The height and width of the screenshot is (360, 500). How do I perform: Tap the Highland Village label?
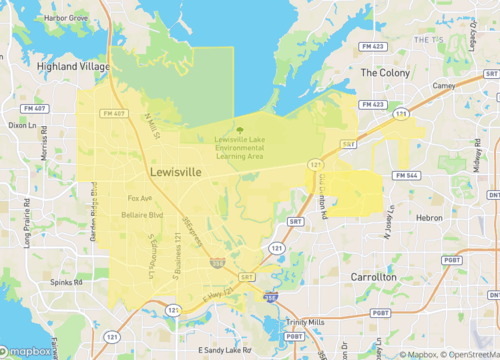tap(71, 66)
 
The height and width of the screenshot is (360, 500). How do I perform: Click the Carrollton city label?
tap(374, 276)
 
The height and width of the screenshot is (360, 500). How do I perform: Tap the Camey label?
tap(443, 86)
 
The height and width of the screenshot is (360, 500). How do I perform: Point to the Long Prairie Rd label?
tap(27, 224)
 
